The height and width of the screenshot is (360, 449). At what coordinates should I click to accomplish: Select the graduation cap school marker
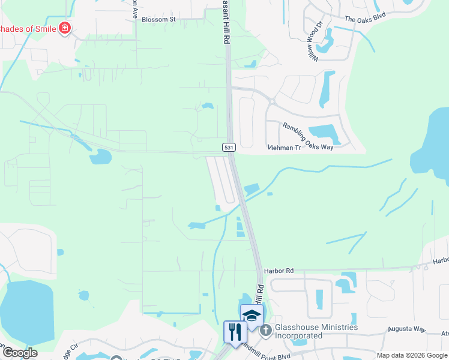click(251, 316)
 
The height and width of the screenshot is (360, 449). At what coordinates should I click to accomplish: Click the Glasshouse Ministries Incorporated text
click(316, 331)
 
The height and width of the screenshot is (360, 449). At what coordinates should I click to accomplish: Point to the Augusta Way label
click(406, 329)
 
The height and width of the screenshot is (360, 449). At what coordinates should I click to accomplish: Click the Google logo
click(19, 353)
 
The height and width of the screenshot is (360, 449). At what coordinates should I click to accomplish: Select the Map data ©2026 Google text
click(411, 355)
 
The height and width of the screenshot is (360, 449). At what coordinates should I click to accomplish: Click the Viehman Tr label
click(284, 147)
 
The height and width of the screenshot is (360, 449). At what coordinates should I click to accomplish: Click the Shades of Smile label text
click(27, 28)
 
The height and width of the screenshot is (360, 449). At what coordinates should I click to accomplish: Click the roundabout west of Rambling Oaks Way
click(271, 101)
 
